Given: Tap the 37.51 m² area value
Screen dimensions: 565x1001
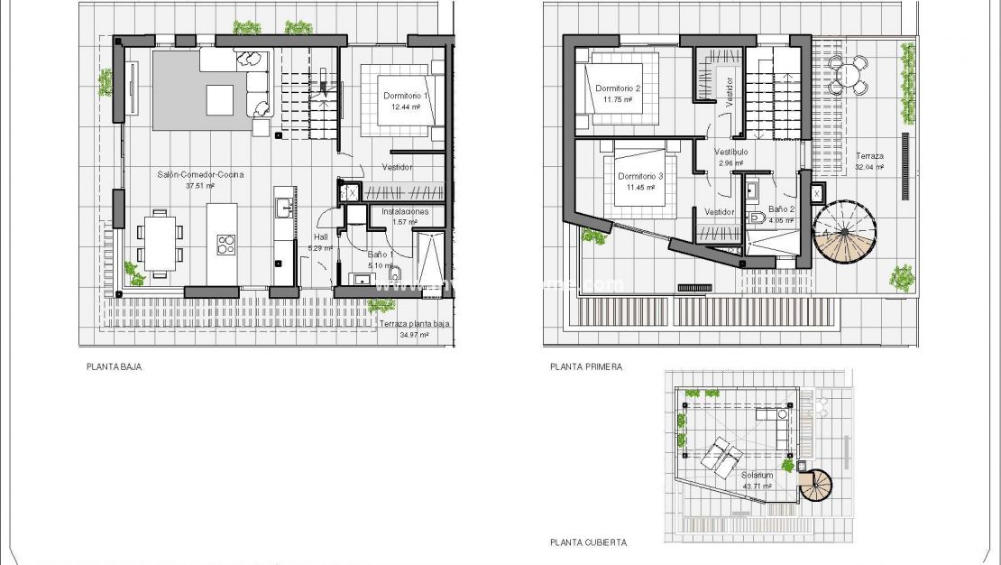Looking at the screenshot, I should click(x=199, y=186).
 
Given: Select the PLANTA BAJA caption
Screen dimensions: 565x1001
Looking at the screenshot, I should click(x=115, y=367).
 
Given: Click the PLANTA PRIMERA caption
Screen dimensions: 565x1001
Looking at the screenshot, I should click(x=586, y=367).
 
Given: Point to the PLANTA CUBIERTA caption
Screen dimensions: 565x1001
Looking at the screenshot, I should click(x=588, y=542).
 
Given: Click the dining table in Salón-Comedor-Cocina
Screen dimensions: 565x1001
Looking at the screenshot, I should click(x=160, y=242).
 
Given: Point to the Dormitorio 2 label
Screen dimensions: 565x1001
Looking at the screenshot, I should click(x=618, y=88).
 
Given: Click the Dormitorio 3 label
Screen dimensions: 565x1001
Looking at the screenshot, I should click(x=640, y=176).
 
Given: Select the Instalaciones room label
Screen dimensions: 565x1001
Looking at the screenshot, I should click(x=406, y=211).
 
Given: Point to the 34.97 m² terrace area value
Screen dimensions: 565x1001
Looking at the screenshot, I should click(x=414, y=334).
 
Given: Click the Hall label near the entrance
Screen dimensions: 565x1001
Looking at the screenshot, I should click(x=321, y=237).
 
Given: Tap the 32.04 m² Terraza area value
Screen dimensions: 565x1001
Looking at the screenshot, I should click(x=870, y=166).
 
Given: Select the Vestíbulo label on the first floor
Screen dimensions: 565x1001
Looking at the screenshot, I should click(x=730, y=153).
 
